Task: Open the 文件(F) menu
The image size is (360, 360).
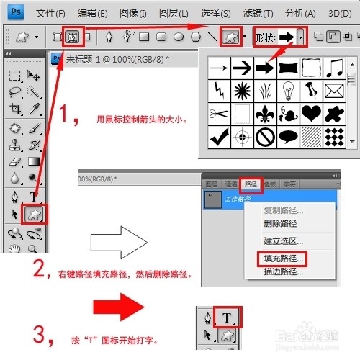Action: pyautogui.click(x=50, y=14)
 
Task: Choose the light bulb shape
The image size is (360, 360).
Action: pyautogui.click(x=288, y=91)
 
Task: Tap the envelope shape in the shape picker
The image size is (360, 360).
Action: pyautogui.click(x=334, y=91)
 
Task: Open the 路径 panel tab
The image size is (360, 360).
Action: pyautogui.click(x=249, y=184)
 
